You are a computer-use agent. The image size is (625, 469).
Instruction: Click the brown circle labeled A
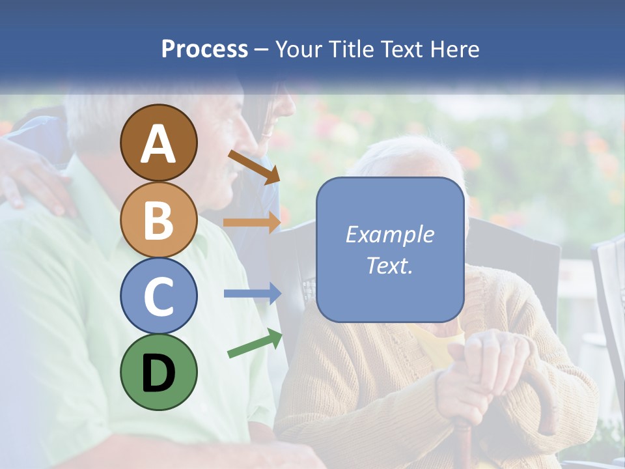[158, 143]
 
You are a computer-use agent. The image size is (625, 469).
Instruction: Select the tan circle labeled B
[158, 220]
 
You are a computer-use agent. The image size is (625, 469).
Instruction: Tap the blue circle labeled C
[158, 296]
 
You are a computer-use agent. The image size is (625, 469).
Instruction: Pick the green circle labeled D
[158, 372]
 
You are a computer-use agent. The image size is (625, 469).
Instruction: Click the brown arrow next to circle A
[254, 166]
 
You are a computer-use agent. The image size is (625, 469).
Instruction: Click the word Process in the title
[204, 49]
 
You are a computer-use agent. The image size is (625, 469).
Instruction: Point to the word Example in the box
[389, 234]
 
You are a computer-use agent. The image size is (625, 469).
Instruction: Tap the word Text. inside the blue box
[389, 265]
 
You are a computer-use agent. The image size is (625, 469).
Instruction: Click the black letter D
[158, 373]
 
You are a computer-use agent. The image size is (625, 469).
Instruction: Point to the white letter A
[158, 144]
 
